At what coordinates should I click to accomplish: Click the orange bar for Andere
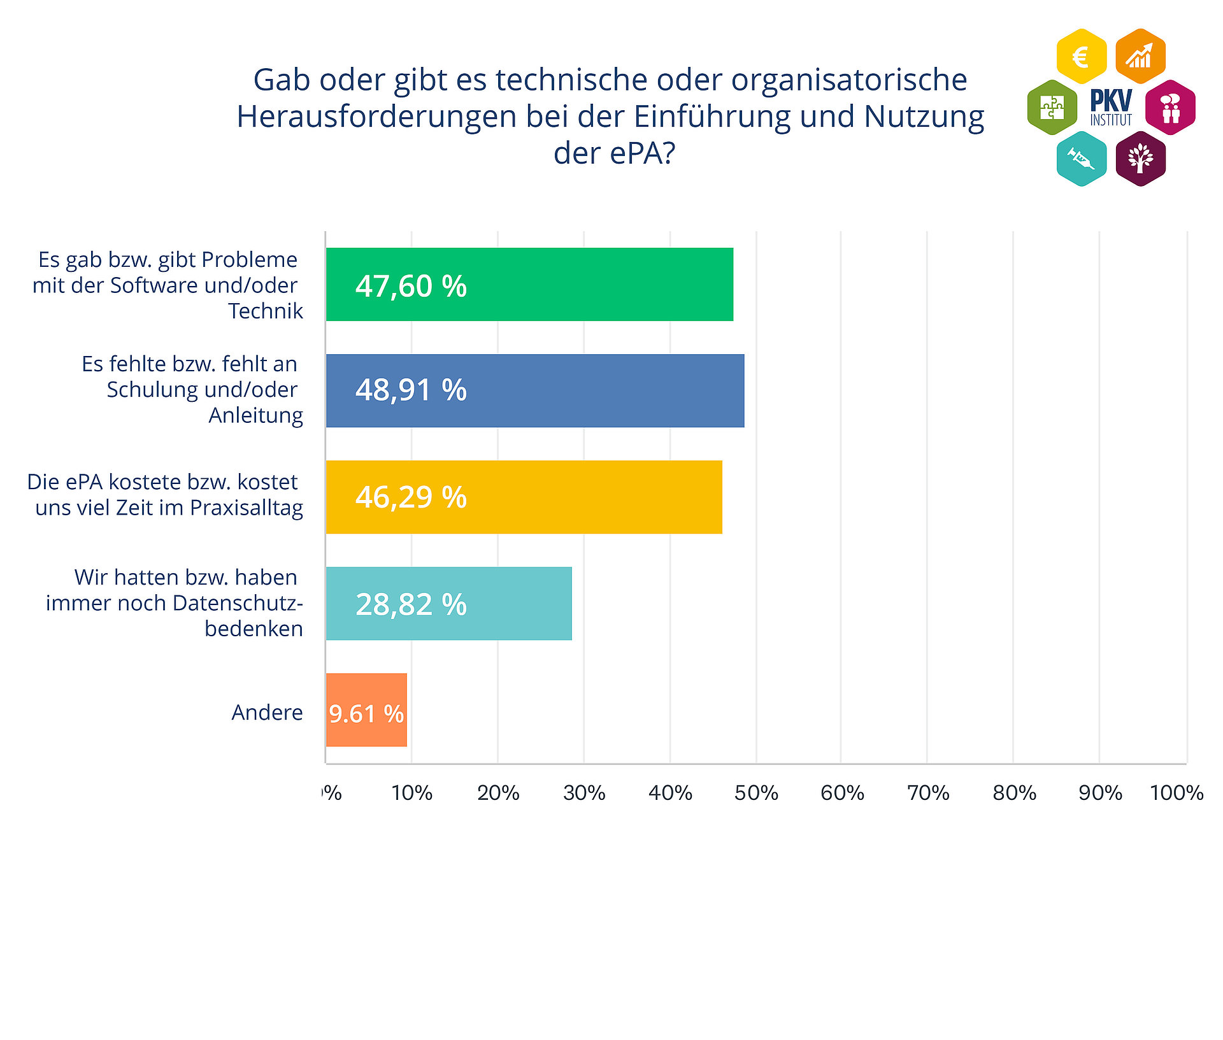tap(366, 710)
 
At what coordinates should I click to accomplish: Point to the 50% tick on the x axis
tap(756, 793)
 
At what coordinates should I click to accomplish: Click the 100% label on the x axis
tap(1177, 793)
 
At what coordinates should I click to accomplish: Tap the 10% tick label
tap(411, 793)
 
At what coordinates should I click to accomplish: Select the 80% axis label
tap(1014, 793)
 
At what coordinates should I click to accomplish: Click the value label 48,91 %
tap(411, 390)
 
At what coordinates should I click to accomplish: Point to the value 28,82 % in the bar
tap(411, 604)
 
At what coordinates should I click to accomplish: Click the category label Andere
tap(267, 712)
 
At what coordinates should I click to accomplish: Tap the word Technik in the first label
tap(266, 311)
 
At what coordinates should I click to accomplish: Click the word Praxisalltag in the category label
tap(247, 508)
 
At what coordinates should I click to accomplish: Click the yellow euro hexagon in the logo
tap(1081, 57)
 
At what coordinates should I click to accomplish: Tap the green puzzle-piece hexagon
tap(1052, 107)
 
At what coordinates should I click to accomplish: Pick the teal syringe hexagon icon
tap(1081, 159)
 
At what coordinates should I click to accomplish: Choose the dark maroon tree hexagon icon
tap(1140, 159)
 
